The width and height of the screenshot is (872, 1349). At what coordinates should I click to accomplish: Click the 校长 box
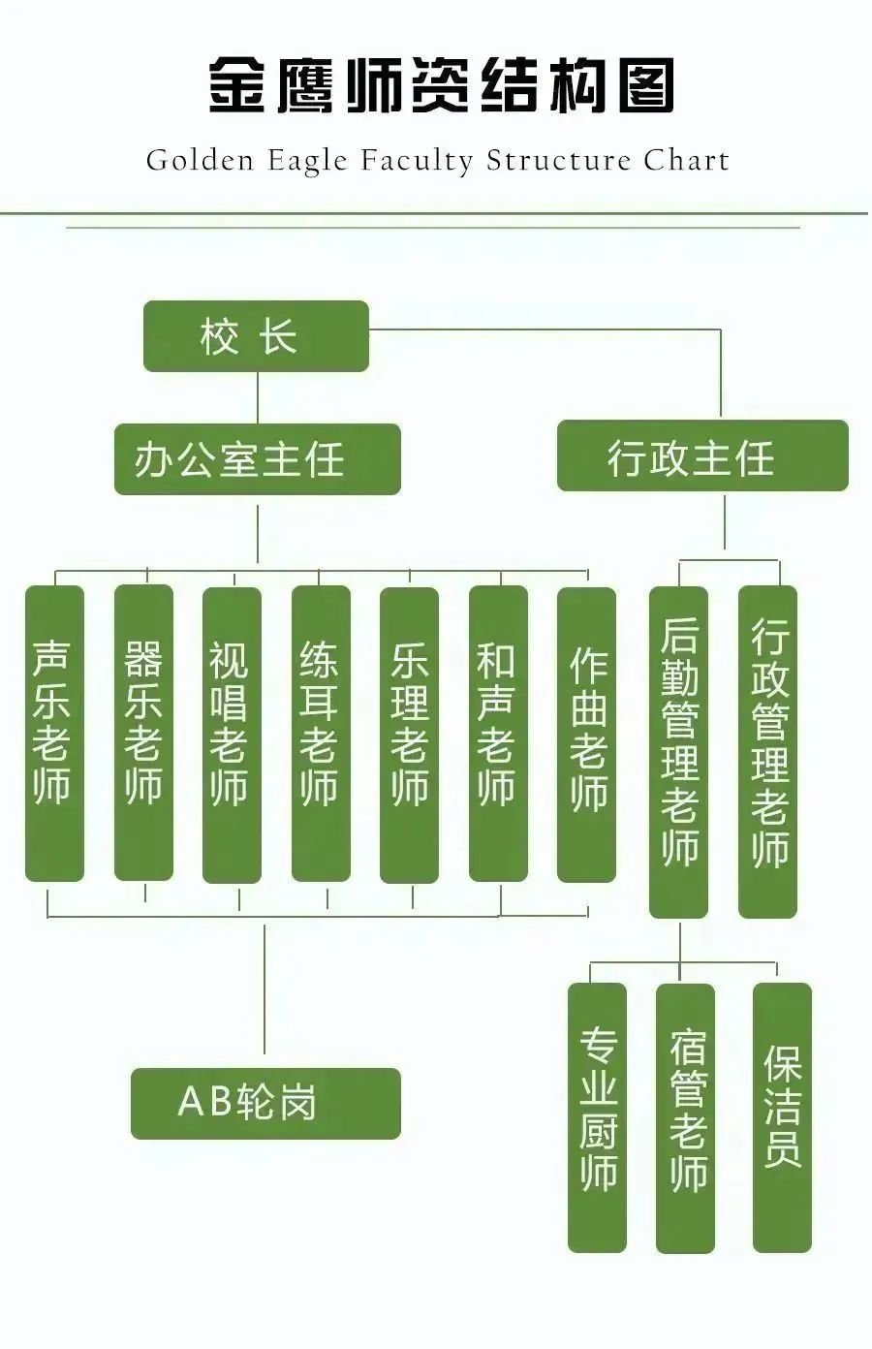[256, 336]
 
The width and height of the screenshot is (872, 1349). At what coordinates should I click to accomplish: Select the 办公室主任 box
[257, 459]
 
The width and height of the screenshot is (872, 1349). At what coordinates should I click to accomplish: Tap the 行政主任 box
[701, 455]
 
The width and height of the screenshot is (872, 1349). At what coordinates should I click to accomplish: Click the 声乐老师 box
[54, 734]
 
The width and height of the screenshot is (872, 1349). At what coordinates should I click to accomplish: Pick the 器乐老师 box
[143, 733]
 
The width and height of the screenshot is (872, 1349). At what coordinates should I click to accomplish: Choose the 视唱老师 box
[232, 735]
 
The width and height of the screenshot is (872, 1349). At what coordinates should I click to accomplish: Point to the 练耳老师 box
[321, 734]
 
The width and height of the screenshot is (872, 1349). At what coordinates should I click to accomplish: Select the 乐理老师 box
[409, 735]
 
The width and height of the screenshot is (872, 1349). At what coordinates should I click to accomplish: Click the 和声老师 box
[498, 734]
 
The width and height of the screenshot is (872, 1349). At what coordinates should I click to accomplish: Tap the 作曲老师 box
[586, 735]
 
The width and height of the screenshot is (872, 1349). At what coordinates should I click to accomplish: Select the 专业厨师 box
[597, 1117]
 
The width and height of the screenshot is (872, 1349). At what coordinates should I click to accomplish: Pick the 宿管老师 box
[685, 1117]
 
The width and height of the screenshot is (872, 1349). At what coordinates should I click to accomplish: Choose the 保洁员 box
[782, 1117]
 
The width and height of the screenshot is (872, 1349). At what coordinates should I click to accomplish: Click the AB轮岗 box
[265, 1103]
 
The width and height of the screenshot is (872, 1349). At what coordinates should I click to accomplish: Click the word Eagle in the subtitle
[305, 162]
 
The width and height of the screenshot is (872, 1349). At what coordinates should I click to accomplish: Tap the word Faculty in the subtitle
[418, 162]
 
